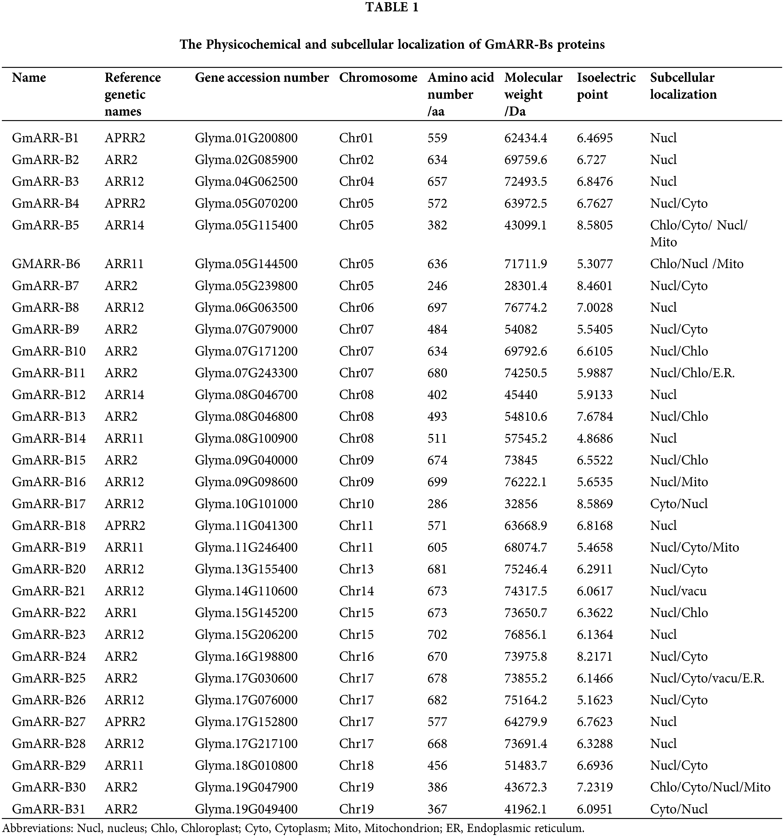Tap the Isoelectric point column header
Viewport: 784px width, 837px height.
pos(606,86)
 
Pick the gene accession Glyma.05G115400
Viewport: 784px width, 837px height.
pos(246,225)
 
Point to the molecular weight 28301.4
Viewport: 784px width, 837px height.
pos(525,286)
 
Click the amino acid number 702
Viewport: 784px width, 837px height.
pos(437,635)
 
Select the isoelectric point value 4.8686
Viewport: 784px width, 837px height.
pos(595,438)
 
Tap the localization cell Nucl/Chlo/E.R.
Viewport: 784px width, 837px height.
pos(692,373)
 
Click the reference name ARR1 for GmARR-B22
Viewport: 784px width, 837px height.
pos(121,613)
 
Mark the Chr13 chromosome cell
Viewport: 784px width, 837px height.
pos(356,569)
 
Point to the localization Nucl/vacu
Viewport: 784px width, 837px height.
pos(678,591)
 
